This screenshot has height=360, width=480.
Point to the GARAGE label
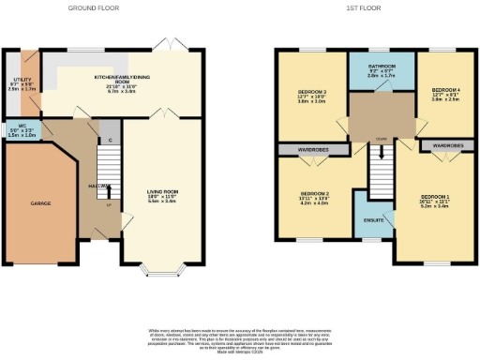(x=39, y=202)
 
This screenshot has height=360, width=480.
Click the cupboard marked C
(x=111, y=142)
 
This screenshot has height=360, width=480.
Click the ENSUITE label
(x=372, y=219)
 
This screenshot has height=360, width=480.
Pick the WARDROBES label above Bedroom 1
(x=447, y=146)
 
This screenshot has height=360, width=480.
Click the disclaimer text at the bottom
(x=239, y=338)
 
